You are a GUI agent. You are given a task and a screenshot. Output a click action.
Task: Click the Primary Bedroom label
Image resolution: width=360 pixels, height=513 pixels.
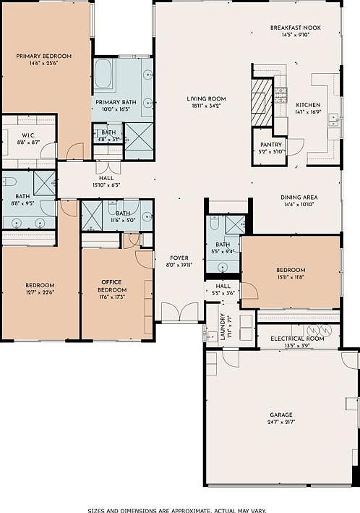(45, 55)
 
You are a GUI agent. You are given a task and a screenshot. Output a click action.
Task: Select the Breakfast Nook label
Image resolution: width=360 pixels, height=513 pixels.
(296, 27)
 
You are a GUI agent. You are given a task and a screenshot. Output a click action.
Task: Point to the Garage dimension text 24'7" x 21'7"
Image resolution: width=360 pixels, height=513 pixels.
(281, 422)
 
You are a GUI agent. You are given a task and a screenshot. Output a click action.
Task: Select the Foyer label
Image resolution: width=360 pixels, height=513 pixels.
(179, 258)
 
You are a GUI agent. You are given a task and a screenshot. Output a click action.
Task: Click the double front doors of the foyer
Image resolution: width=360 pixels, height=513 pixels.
(179, 313)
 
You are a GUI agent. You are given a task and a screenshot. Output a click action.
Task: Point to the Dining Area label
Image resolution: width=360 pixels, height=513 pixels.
(300, 197)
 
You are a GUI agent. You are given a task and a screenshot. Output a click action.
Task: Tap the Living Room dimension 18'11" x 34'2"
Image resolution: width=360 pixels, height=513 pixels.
(207, 106)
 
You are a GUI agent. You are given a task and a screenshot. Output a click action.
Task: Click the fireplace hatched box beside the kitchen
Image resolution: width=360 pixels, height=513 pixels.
(262, 101)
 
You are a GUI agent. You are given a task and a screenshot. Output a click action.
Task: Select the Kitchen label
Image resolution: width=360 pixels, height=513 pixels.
(308, 105)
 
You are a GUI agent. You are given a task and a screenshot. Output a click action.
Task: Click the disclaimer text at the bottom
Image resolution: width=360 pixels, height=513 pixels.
(179, 509)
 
